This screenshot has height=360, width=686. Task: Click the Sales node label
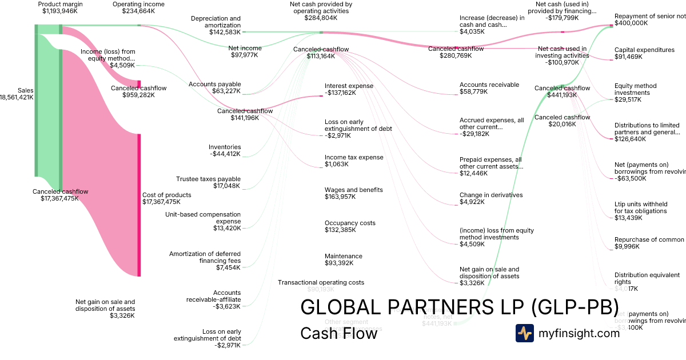25,90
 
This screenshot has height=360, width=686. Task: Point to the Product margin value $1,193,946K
60,11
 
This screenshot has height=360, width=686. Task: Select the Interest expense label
349,86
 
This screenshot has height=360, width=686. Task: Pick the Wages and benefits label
353,190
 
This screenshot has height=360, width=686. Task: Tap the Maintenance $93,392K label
344,259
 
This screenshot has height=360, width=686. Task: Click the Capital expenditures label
644,50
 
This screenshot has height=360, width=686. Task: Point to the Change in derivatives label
491,195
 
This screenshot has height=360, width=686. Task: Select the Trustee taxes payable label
208,179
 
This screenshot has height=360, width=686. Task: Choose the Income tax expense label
354,157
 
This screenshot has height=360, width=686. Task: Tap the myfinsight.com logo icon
524,333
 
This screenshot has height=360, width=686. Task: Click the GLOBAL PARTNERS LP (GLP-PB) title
459,307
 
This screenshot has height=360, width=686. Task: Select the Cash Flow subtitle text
338,333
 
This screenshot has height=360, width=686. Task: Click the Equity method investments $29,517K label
635,93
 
